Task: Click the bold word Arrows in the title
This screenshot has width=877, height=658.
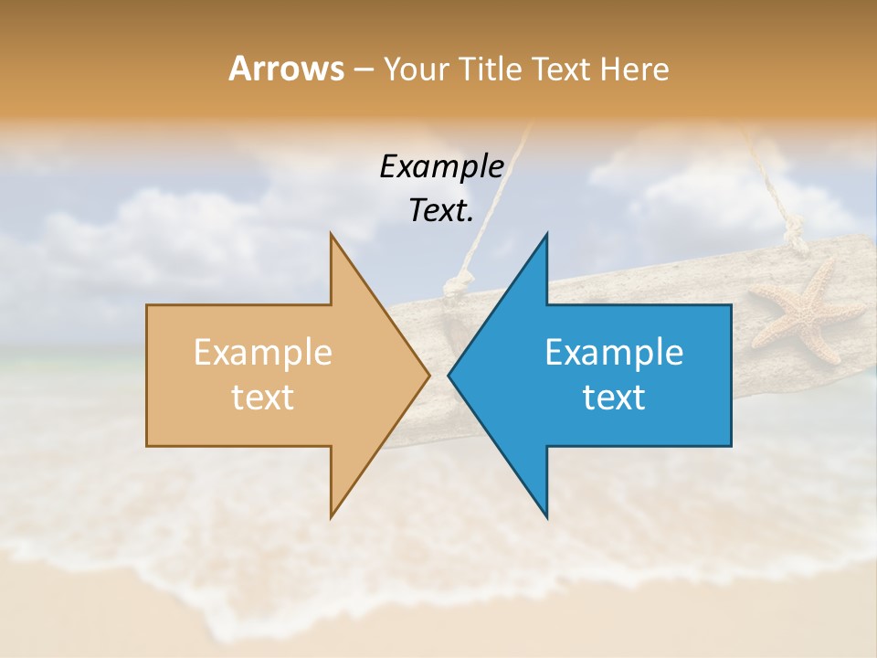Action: pos(286,69)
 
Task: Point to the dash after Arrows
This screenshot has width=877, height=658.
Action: pos(363,70)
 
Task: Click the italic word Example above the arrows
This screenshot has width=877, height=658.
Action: pos(441,167)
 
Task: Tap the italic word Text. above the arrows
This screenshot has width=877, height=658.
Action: pos(441,210)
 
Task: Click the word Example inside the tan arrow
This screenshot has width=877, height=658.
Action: pos(262,353)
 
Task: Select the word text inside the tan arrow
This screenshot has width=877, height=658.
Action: pos(262,398)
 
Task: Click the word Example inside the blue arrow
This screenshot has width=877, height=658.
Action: pos(614,353)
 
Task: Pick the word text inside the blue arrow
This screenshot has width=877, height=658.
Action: pos(614,398)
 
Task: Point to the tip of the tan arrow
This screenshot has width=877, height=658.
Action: pos(428,375)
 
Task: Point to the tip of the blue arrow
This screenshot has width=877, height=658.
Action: pos(449,375)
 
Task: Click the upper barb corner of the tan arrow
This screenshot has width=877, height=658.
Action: pos(331,235)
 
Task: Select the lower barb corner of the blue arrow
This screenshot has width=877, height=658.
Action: pos(547,517)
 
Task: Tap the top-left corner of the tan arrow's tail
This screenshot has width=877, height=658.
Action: pos(147,305)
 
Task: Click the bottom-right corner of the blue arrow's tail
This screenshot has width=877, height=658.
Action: pos(731,446)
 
